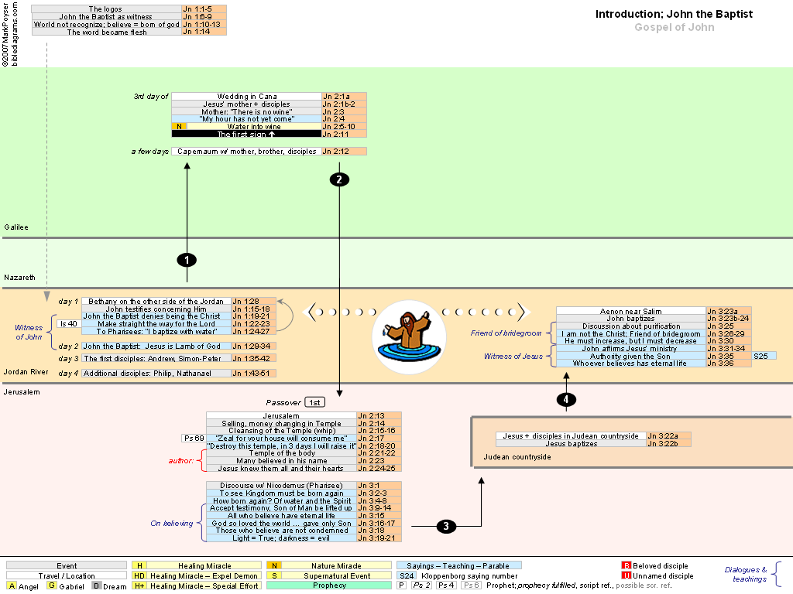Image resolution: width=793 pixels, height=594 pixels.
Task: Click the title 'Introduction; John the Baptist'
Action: point(674,14)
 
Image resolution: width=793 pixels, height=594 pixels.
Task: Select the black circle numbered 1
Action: point(187,259)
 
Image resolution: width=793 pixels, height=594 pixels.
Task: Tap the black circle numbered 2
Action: point(339,179)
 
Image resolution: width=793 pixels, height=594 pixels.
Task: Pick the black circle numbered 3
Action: point(446,526)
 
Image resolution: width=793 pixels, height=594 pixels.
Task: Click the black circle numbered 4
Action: point(567,399)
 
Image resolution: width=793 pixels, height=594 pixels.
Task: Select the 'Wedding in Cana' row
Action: point(246,97)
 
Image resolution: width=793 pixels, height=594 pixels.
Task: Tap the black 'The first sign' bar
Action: point(246,134)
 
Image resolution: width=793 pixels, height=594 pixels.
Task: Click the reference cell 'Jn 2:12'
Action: point(344,152)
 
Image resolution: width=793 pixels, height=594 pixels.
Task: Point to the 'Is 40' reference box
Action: point(68,324)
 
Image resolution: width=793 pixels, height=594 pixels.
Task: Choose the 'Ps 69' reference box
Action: point(192,438)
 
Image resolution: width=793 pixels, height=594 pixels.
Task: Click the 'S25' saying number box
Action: point(764,356)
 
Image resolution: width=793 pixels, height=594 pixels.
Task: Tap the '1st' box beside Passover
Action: point(314,402)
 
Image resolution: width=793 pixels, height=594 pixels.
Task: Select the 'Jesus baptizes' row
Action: point(571,444)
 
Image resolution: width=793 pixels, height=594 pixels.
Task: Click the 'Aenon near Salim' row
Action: point(631,311)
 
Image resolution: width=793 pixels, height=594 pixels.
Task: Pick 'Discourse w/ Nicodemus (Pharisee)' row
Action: point(281,485)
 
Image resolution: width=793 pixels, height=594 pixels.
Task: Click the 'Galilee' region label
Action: point(16,227)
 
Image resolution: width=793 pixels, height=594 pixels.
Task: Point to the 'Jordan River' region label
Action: point(26,372)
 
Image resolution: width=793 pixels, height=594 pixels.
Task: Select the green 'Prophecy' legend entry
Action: point(330,585)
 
